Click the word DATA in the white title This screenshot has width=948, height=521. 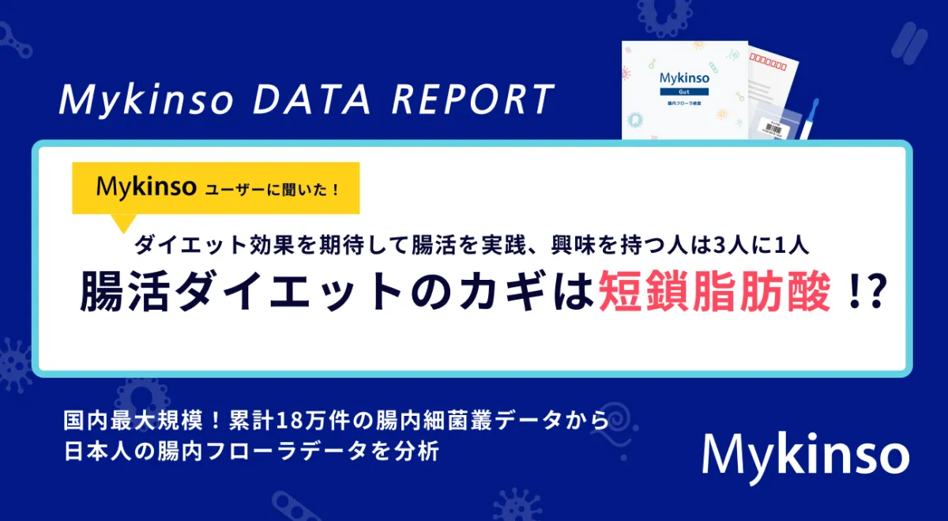(x=311, y=100)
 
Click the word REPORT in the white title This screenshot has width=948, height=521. (x=473, y=100)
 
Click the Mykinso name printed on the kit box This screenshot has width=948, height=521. (x=684, y=78)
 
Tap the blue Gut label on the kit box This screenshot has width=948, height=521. (x=684, y=92)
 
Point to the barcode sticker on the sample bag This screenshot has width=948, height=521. (x=773, y=127)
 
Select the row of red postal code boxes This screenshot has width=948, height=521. (x=768, y=62)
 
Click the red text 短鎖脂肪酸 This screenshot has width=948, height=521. (x=714, y=292)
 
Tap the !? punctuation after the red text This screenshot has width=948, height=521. (x=867, y=292)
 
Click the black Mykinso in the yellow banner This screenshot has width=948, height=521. (x=146, y=187)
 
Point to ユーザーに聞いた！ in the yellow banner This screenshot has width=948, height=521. (x=272, y=190)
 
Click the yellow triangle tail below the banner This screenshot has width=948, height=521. (x=123, y=222)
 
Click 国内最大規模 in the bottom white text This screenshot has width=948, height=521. (x=134, y=421)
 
